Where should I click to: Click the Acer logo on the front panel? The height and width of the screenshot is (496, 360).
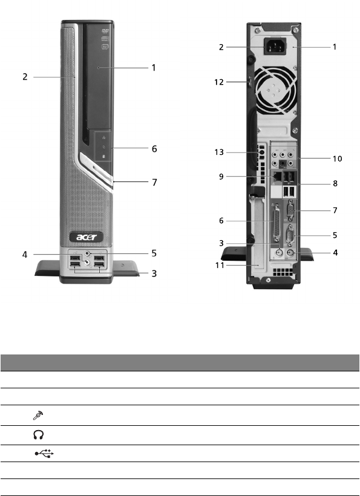point(87,237)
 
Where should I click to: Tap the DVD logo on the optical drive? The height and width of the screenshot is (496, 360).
point(105,31)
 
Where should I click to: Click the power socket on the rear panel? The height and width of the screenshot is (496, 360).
point(275,47)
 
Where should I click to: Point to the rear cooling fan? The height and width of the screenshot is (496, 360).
point(276,90)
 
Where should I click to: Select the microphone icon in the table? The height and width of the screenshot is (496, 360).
point(38,416)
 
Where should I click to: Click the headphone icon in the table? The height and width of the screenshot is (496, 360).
point(38,435)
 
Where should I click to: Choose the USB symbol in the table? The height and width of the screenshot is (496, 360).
point(44,454)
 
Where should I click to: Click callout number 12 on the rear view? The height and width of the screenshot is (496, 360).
point(219,82)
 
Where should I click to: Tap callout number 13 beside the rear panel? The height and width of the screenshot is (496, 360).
point(219,152)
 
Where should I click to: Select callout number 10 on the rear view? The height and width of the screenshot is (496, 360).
point(337,159)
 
